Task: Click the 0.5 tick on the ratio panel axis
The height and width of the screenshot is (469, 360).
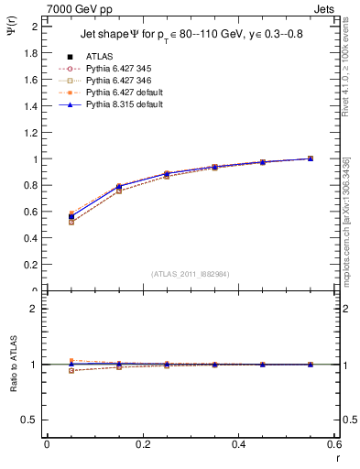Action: coord(31,420)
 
